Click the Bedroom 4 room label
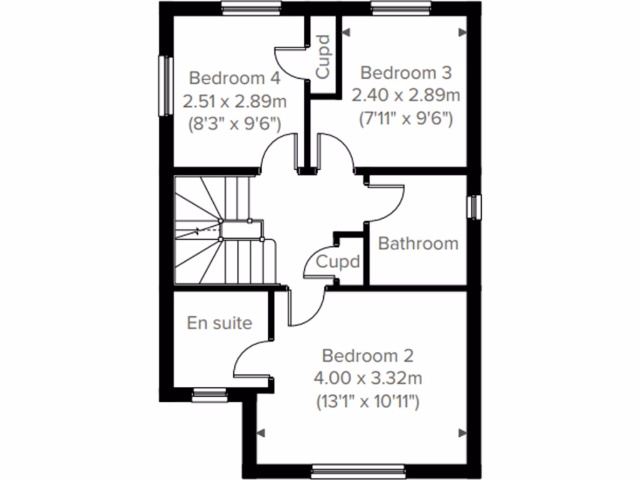click(x=234, y=79)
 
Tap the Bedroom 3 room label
click(x=406, y=73)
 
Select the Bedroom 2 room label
click(x=367, y=356)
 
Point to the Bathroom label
click(x=418, y=243)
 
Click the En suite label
click(x=219, y=323)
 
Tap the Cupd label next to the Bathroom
click(x=338, y=261)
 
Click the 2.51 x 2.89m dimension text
click(x=234, y=101)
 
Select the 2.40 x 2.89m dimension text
click(x=406, y=96)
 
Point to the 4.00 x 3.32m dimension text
click(x=368, y=379)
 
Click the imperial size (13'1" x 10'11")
click(x=367, y=401)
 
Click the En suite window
click(x=209, y=392)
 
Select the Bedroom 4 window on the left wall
click(x=166, y=86)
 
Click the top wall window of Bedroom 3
click(x=401, y=7)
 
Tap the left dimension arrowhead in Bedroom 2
click(x=261, y=432)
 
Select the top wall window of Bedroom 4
click(x=251, y=7)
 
